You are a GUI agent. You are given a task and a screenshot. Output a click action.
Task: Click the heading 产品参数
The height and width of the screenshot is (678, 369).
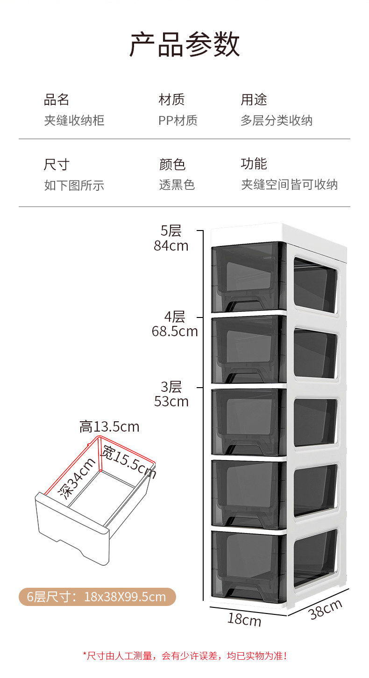(x=184, y=45)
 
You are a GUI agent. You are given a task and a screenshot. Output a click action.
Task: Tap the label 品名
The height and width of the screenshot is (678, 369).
(x=57, y=100)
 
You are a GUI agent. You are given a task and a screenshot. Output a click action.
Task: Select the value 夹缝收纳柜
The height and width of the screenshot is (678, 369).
(x=74, y=121)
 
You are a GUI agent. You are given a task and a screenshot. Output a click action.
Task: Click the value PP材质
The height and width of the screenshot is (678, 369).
(x=178, y=121)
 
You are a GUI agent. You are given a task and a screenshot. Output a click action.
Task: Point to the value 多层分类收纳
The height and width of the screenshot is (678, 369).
(x=277, y=121)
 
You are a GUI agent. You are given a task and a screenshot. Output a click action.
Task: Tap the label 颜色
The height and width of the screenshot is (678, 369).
(x=172, y=165)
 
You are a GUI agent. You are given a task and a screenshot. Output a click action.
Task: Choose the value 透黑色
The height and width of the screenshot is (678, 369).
(x=177, y=185)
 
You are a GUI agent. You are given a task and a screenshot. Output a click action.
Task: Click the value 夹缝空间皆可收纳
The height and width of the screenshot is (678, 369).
(x=289, y=185)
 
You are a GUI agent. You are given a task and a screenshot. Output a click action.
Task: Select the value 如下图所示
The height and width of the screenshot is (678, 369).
(x=74, y=186)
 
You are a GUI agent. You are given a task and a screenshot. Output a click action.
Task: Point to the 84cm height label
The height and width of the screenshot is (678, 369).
(x=171, y=245)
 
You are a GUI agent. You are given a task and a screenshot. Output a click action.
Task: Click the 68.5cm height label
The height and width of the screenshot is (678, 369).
(x=175, y=332)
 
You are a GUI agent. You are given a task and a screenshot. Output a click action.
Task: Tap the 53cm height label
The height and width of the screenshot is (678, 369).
(x=171, y=402)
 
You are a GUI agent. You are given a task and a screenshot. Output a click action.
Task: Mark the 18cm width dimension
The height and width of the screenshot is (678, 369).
(x=244, y=620)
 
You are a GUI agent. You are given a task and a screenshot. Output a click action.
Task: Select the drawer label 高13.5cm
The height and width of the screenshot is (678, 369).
(x=109, y=427)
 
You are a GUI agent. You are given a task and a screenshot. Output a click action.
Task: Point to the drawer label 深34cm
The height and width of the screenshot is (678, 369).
(x=77, y=479)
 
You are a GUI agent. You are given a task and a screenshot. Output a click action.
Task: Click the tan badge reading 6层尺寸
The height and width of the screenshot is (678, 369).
(x=97, y=597)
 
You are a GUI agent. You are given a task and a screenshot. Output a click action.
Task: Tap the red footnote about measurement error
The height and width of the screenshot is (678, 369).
(x=185, y=656)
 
